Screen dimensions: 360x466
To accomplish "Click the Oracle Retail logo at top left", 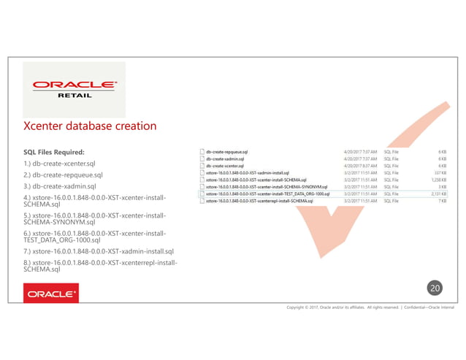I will tap(73, 89).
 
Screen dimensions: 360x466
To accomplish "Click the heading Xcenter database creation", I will tap(90, 126).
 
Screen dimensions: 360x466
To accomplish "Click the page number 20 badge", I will tap(435, 288).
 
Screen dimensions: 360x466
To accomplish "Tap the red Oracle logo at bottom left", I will tap(51, 295).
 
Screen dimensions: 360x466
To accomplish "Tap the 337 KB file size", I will tap(440, 172).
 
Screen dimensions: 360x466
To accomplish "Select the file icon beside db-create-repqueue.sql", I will tap(202, 151).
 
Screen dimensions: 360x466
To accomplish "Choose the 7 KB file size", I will tap(443, 200).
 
